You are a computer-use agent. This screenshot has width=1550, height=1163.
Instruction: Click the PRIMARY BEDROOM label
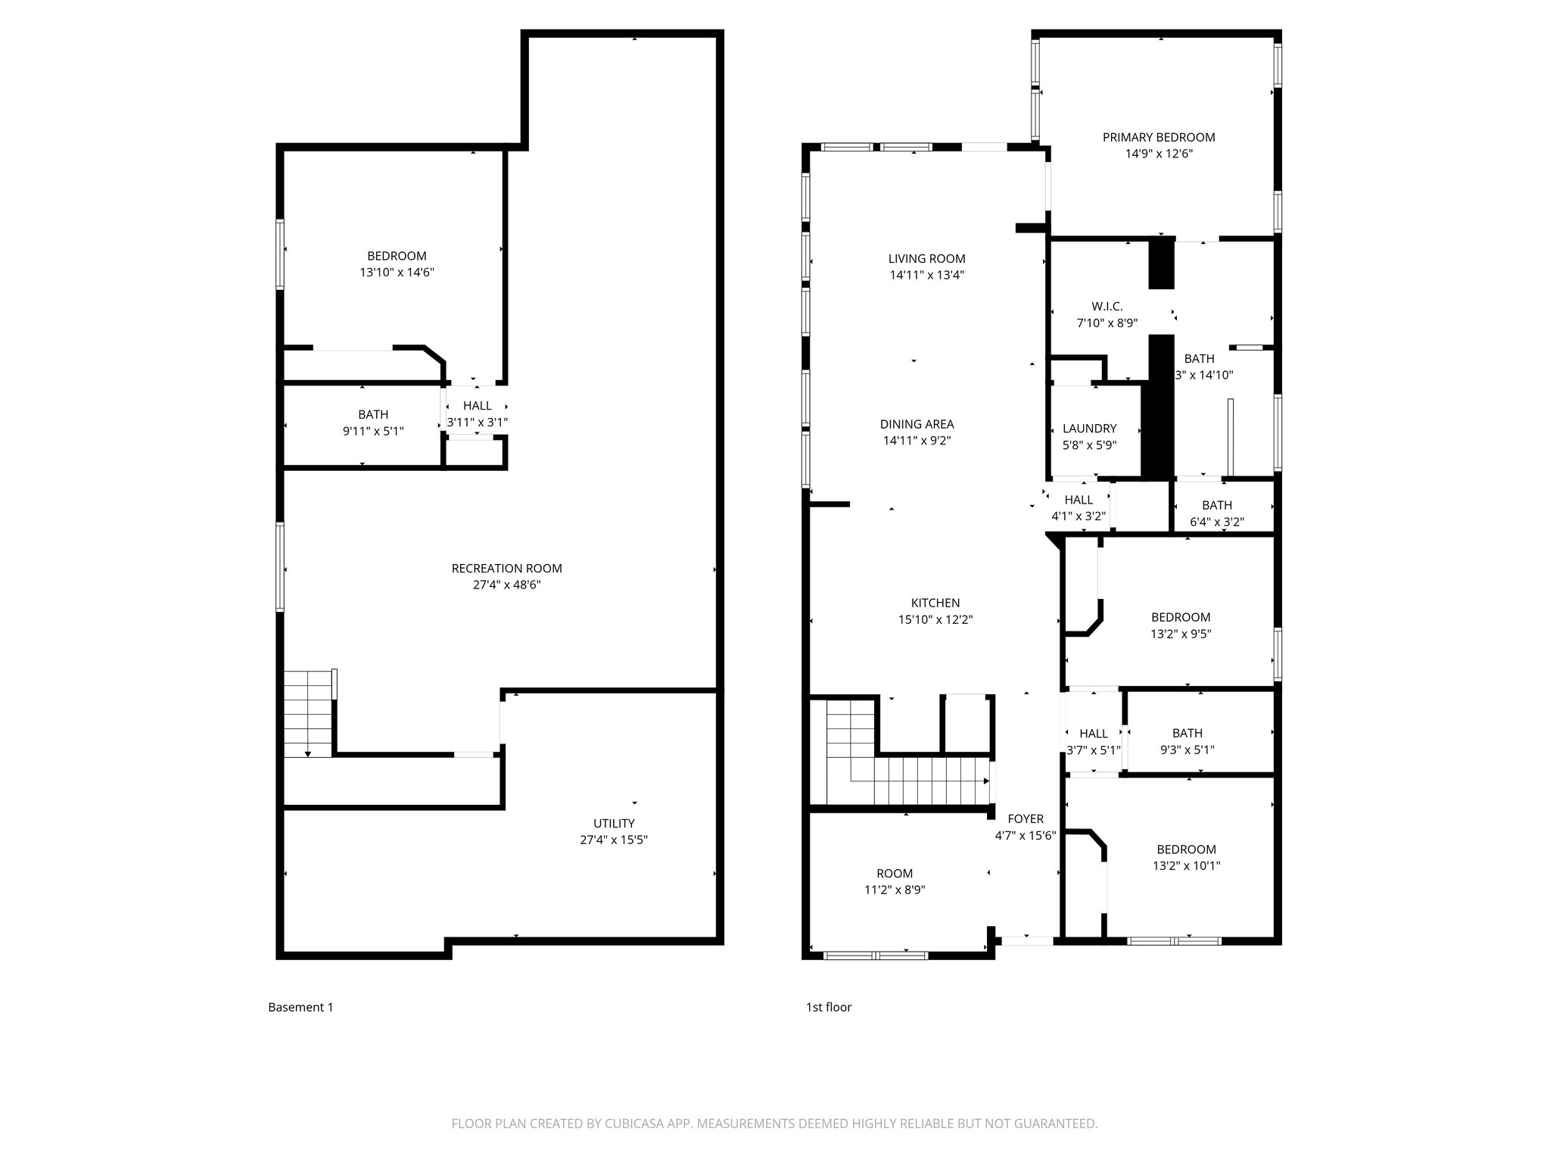(1158, 137)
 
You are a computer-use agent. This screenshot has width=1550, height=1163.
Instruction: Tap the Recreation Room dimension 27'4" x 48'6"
(506, 585)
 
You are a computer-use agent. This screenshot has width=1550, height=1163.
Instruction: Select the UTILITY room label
(614, 823)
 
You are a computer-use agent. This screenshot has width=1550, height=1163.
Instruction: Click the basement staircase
(308, 713)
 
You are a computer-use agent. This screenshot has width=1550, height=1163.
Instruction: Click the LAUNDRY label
(1089, 429)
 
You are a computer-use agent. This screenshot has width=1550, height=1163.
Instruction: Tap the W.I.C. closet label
(1106, 307)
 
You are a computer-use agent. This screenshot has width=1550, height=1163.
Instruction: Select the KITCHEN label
(935, 603)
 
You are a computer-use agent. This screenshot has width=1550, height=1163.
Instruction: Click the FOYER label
(1026, 818)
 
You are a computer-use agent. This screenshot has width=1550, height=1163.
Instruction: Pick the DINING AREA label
(917, 424)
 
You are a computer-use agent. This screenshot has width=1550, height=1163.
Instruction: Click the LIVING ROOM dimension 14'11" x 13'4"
(926, 275)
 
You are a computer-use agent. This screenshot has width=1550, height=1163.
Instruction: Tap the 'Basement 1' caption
(300, 1007)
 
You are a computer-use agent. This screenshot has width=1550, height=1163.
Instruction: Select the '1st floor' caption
(828, 1007)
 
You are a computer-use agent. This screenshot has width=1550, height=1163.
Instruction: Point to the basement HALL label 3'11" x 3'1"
(477, 406)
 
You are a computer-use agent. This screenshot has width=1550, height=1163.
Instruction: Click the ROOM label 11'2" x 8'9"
(895, 873)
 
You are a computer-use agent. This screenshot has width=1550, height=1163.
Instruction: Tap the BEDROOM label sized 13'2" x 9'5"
(1180, 617)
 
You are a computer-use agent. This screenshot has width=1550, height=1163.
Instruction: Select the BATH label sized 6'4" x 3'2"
(1216, 505)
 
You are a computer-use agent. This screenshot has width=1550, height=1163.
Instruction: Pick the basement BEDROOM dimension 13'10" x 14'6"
(397, 272)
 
